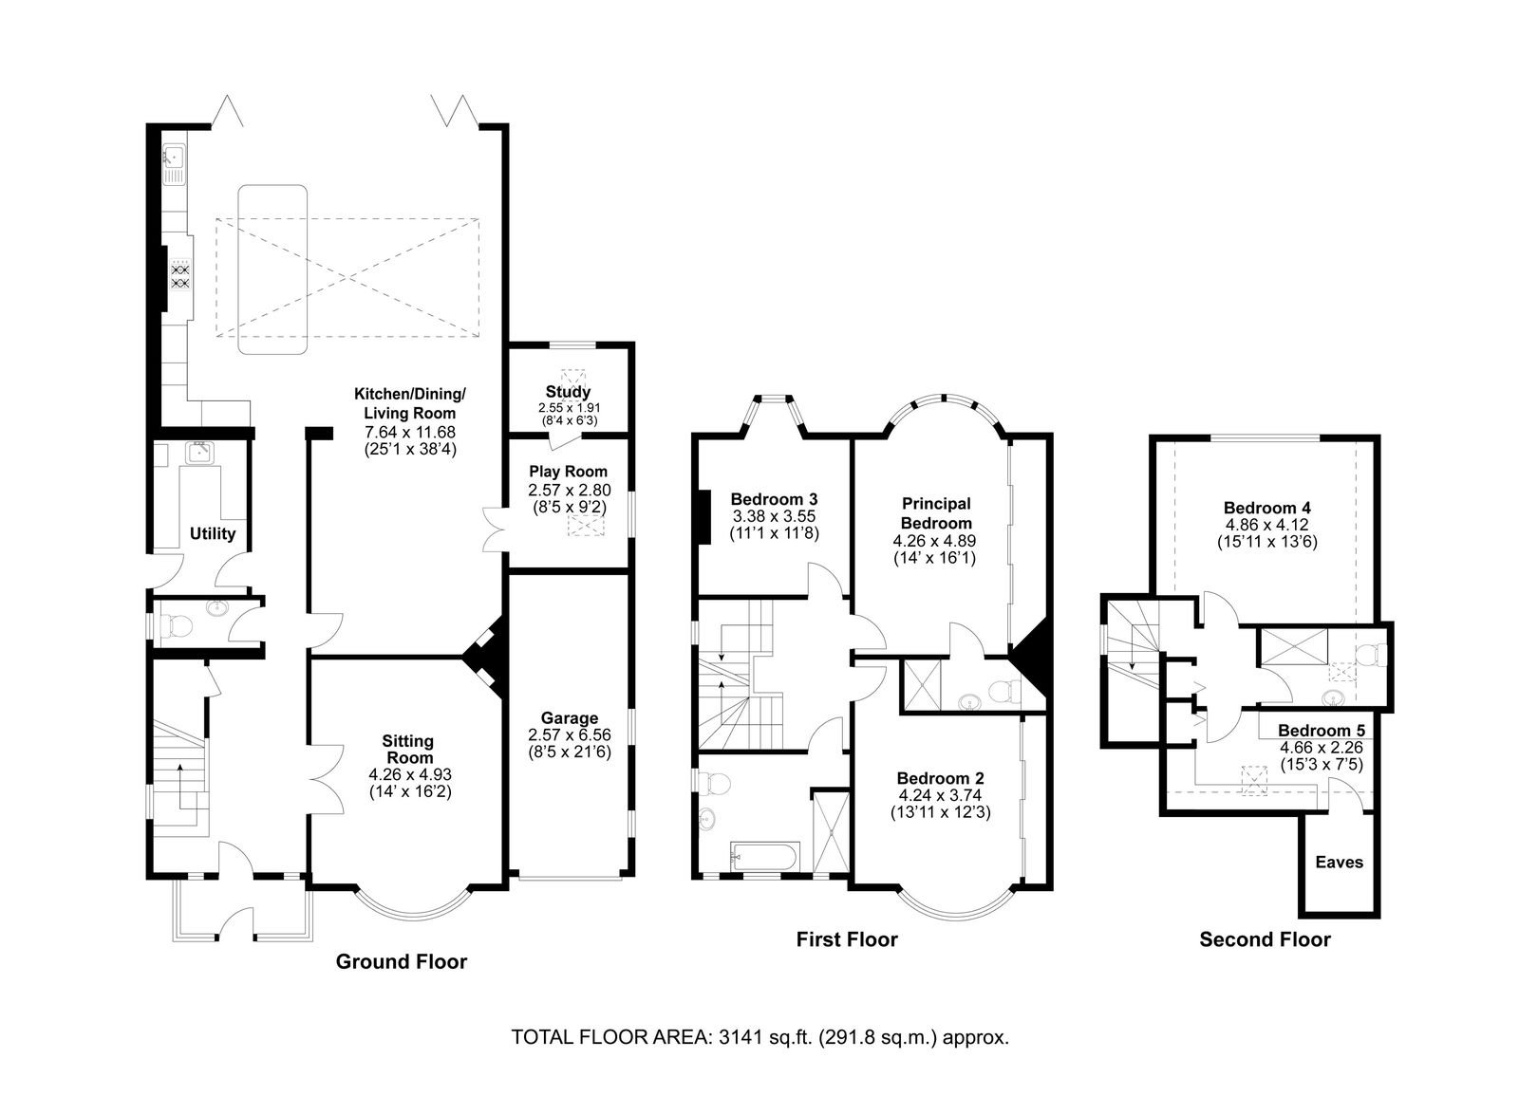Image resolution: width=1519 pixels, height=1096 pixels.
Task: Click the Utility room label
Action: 213,533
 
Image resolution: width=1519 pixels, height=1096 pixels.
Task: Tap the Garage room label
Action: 570,717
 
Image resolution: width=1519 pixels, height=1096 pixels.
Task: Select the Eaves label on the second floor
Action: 1340,863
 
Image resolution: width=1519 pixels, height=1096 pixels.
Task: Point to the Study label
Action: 569,392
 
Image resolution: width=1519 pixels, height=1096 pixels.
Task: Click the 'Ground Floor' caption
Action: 402,962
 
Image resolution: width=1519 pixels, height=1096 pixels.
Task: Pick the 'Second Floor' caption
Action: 1265,939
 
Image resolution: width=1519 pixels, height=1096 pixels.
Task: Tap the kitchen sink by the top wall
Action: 174,165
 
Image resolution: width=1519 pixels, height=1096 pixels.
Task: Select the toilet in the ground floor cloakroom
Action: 175,626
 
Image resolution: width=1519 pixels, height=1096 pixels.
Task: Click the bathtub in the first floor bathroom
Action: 765,856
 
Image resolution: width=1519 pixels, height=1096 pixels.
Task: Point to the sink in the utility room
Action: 200,452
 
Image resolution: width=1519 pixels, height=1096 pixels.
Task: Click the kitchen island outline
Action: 272,269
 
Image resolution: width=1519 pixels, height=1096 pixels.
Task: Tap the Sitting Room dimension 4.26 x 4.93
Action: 410,774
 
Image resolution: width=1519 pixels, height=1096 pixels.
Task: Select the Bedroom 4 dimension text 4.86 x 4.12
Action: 1266,525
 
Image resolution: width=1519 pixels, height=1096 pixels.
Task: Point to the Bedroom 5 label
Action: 1322,731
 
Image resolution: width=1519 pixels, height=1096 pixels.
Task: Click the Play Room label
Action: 569,472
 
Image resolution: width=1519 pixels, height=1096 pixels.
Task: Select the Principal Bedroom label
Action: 936,513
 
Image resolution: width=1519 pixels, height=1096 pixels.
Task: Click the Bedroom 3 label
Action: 774,499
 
